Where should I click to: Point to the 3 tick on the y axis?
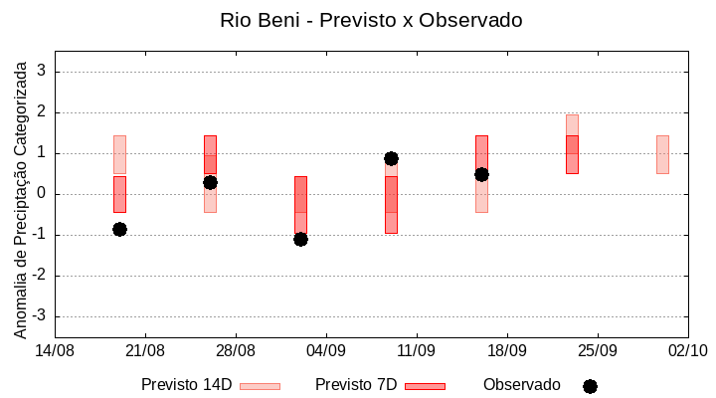pos(43,72)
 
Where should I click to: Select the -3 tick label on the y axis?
pos(40,316)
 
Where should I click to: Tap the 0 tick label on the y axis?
pos(43,194)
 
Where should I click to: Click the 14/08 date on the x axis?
pos(55,350)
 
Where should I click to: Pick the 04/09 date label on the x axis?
pos(325,350)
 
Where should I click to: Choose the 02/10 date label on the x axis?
pos(687,350)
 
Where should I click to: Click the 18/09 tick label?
pos(506,350)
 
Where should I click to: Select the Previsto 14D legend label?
pos(186,385)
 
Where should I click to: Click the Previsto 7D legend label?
pos(356,385)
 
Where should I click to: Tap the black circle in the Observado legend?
pos(590,386)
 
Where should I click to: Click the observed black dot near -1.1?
pos(300,239)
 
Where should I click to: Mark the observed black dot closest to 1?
pos(391,158)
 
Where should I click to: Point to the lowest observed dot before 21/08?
pos(119,229)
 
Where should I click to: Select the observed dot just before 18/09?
pos(481,174)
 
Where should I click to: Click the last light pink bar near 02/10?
pos(662,154)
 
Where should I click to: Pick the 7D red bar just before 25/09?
pos(572,154)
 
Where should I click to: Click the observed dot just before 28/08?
pos(210,182)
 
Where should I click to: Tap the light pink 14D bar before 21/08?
pos(119,154)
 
